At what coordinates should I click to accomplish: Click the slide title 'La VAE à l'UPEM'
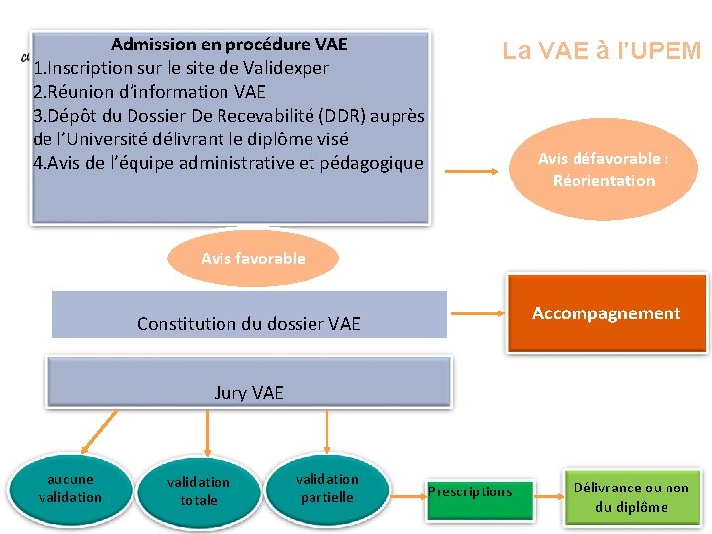(601, 51)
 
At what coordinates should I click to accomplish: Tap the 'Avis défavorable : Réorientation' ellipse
(603, 169)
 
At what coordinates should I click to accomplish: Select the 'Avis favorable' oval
(253, 258)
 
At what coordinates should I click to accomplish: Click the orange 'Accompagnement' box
(606, 314)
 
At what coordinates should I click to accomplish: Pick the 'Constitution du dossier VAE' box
(249, 316)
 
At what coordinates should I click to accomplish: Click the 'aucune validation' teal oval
(69, 489)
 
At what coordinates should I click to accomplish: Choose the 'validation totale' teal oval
(198, 490)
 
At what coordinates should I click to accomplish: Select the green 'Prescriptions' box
(470, 491)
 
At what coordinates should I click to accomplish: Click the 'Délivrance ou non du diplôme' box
(631, 496)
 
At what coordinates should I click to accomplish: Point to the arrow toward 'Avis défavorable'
(472, 171)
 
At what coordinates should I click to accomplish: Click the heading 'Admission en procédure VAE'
(229, 44)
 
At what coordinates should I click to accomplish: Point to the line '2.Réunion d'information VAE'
(149, 92)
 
